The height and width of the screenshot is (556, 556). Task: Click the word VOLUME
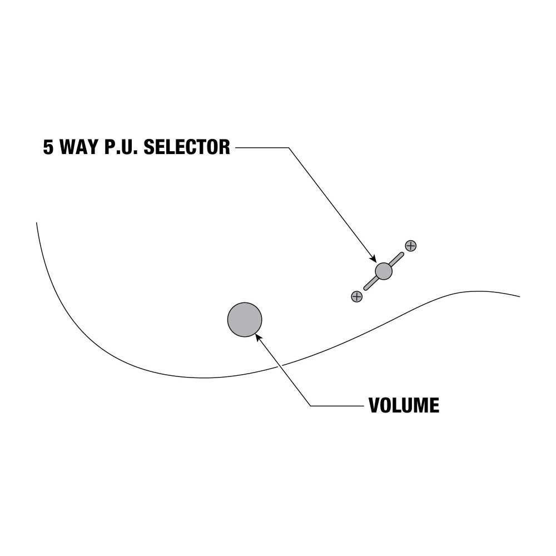(404, 405)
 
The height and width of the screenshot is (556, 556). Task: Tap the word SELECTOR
(187, 147)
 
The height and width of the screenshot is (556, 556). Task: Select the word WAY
(79, 147)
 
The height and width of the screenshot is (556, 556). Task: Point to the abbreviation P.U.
(121, 147)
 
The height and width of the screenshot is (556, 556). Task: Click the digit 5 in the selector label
(48, 147)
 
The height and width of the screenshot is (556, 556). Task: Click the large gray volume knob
(245, 320)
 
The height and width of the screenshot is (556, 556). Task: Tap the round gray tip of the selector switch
(384, 271)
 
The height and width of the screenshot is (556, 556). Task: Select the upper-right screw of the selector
(411, 246)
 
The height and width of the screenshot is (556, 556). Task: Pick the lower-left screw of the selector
(357, 296)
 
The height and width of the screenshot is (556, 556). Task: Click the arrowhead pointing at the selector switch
(373, 259)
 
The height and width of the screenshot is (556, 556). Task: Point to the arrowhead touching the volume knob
(258, 336)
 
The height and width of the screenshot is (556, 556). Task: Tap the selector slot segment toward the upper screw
(396, 259)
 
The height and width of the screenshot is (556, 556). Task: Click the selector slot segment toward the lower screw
(370, 284)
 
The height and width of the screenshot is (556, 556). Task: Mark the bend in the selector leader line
(289, 147)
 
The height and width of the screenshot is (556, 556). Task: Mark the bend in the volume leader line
(310, 406)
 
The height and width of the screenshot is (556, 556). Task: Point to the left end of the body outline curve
(37, 223)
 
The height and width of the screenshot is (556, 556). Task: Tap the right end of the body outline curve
(520, 296)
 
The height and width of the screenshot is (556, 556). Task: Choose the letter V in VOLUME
(374, 405)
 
